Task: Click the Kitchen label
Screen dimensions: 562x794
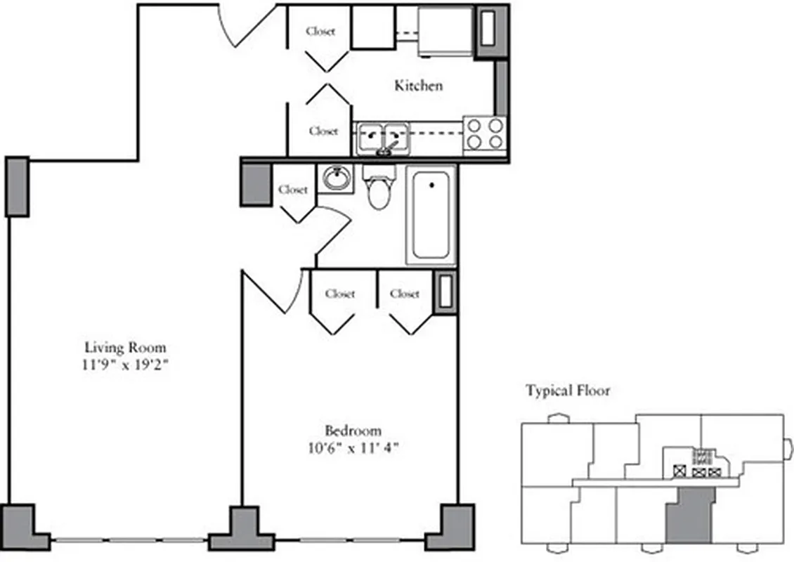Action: coord(418,86)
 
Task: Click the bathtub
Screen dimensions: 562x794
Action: coord(431,214)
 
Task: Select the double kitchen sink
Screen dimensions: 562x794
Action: coord(382,137)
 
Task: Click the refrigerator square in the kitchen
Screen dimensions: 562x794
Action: coord(445,31)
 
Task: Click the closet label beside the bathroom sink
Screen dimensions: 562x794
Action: coord(293,190)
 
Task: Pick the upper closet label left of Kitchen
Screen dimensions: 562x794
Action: coord(320,31)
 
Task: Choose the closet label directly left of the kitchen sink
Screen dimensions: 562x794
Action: coord(323,131)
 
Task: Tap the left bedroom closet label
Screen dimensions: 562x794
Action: coord(340,294)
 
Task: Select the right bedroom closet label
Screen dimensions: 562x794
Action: coord(405,294)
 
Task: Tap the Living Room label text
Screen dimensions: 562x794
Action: coord(125,347)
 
